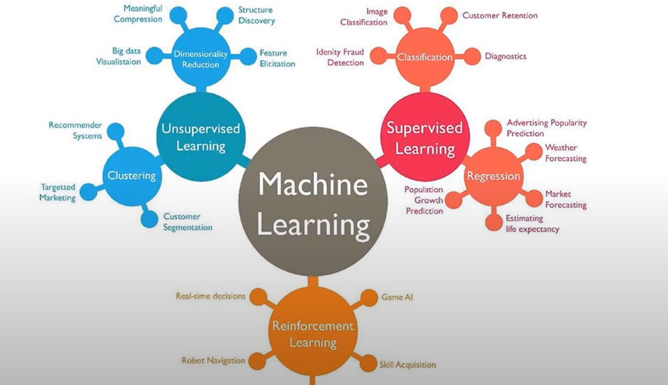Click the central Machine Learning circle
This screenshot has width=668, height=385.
pyautogui.click(x=313, y=203)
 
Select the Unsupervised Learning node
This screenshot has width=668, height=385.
pyautogui.click(x=200, y=137)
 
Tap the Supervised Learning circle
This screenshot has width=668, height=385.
pyautogui.click(x=425, y=137)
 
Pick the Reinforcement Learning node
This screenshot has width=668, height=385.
pyautogui.click(x=313, y=333)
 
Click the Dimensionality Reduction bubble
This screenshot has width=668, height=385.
pyautogui.click(x=200, y=58)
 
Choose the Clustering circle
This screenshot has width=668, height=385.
pyautogui.click(x=132, y=176)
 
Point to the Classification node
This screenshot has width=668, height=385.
pyautogui.click(x=425, y=57)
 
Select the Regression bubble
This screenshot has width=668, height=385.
pyautogui.click(x=494, y=176)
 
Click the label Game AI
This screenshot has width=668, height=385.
pyautogui.click(x=397, y=297)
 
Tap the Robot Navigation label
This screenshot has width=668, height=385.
pyautogui.click(x=213, y=361)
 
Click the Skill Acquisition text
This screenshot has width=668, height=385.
pyautogui.click(x=408, y=364)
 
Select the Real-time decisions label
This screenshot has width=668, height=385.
pyautogui.click(x=211, y=296)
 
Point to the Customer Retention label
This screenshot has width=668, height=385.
pyautogui.click(x=500, y=15)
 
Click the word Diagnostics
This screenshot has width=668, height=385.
pyautogui.click(x=506, y=56)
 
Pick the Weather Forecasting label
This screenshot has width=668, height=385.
pyautogui.click(x=566, y=153)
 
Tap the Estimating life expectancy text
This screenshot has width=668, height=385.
pyautogui.click(x=532, y=224)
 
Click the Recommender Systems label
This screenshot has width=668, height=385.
pyautogui.click(x=76, y=130)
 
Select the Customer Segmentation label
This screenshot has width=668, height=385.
pyautogui.click(x=188, y=222)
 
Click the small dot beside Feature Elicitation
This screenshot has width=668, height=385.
pyautogui.click(x=248, y=57)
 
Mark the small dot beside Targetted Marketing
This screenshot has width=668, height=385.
pyautogui.click(x=88, y=192)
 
